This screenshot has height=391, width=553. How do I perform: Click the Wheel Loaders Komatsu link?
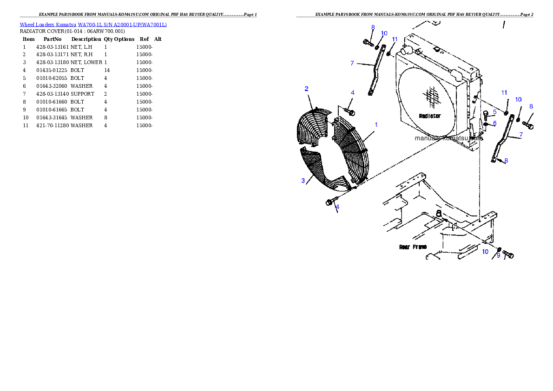click(48, 25)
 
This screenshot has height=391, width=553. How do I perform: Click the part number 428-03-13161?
click(53, 47)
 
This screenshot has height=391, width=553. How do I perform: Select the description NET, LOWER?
click(86, 62)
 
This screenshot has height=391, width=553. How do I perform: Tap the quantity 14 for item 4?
click(107, 70)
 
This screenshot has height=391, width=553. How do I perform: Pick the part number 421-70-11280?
click(53, 125)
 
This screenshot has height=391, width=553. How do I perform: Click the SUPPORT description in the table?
click(83, 94)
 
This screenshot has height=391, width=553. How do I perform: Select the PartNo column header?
click(53, 39)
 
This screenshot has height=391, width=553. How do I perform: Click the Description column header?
click(86, 39)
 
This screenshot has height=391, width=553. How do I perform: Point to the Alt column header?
click(158, 39)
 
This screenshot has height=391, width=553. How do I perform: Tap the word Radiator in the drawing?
click(430, 116)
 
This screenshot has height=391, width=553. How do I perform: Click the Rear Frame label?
click(413, 247)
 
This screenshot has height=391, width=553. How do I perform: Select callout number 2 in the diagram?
click(307, 89)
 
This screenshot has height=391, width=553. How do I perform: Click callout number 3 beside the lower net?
click(303, 181)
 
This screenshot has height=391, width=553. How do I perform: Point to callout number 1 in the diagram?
click(376, 125)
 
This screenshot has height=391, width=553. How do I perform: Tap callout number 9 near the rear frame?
click(498, 255)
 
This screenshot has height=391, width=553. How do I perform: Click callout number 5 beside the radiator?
click(495, 112)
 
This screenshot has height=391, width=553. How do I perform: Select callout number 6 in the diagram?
click(495, 124)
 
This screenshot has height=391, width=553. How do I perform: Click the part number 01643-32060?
click(52, 86)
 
